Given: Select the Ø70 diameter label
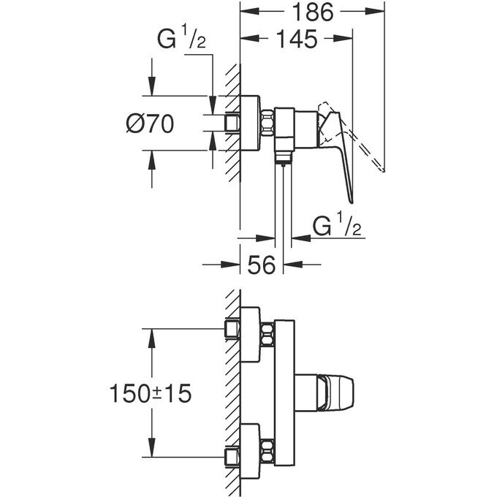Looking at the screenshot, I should pyautogui.click(x=149, y=124).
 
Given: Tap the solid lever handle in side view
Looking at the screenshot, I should pyautogui.click(x=344, y=157).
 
